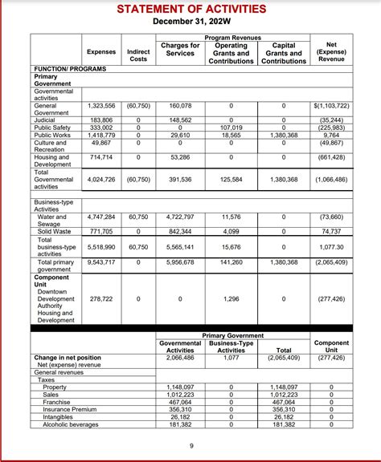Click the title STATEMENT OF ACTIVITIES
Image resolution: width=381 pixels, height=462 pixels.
(190, 9)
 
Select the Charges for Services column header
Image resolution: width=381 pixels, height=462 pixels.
(180, 51)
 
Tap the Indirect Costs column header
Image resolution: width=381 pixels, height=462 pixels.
(138, 55)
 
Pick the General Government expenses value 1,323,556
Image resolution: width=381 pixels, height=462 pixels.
(100, 106)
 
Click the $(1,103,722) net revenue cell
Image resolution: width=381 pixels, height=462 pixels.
(332, 106)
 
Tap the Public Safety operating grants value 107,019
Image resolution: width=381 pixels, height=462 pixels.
(231, 128)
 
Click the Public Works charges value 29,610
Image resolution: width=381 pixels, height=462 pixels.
(180, 136)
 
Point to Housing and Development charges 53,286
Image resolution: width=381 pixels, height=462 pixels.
(180, 157)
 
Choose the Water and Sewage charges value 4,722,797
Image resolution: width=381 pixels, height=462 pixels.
(180, 217)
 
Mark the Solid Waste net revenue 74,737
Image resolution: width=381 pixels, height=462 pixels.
(332, 231)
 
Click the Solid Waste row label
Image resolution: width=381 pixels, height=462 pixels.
(54, 231)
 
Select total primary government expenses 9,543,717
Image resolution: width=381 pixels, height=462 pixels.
(100, 262)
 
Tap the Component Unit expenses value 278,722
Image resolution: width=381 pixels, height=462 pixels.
(100, 298)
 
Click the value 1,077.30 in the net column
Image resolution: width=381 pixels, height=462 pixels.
(332, 248)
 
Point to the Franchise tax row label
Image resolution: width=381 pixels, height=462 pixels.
(56, 402)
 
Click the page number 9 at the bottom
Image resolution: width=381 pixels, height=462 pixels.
(190, 446)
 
